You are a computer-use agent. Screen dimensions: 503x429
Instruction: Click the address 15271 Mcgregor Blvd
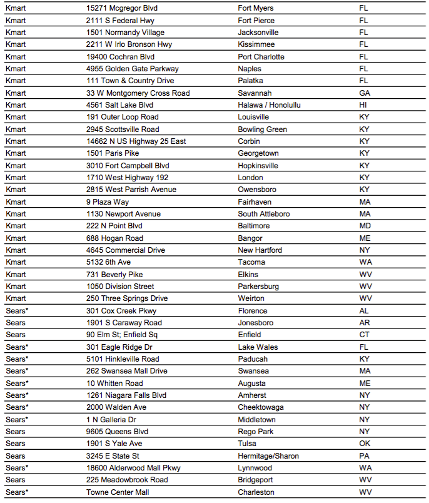pos(121,8)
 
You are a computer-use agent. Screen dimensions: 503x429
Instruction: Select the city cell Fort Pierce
pos(256,21)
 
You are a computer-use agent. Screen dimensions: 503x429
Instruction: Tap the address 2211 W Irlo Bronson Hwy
pos(129,44)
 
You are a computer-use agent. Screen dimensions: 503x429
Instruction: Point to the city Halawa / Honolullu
pos(269,105)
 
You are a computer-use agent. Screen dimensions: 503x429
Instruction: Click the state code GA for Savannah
pos(364,93)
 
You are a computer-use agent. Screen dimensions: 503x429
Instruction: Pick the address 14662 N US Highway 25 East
pos(136,141)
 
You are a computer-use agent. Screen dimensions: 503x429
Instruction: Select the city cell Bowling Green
pos(262,130)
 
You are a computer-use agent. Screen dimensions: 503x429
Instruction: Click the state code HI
pos(363,105)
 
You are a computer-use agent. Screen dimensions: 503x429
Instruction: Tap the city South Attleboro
pos(264,214)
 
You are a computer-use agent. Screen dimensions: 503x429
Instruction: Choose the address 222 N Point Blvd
pos(114,226)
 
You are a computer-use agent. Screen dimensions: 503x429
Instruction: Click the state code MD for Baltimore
pos(365,226)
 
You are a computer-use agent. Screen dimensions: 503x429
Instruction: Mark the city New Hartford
pos(260,250)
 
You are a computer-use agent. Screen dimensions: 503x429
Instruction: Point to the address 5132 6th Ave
pos(108,262)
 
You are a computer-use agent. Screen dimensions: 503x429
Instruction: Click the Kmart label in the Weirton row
pos(16,298)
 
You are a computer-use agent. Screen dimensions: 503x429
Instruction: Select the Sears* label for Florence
pos(17,311)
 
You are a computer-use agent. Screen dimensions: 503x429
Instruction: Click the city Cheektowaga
pos(261,407)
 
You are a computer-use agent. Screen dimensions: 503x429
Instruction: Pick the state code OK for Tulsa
pos(365,444)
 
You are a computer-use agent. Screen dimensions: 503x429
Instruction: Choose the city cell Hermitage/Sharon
pos(268,456)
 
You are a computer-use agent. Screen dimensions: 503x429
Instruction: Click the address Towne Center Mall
pos(118,492)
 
